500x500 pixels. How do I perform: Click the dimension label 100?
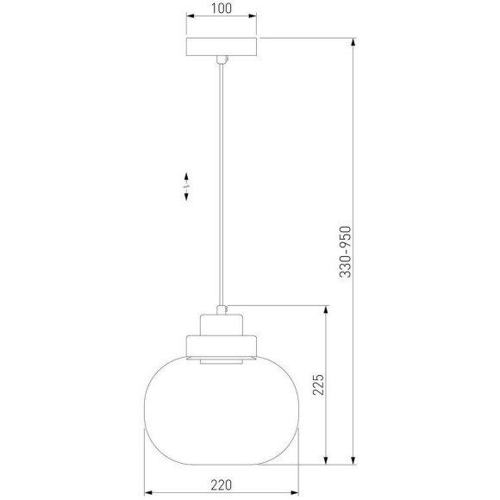[x=222, y=10]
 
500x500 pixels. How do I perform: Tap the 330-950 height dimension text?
[x=345, y=251]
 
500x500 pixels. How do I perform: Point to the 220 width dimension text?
[x=222, y=485]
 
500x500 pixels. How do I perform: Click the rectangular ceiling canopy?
[x=222, y=47]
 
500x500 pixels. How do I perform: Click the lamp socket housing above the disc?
[x=223, y=328]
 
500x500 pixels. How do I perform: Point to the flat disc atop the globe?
[x=223, y=349]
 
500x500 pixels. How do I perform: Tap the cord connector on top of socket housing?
[x=223, y=308]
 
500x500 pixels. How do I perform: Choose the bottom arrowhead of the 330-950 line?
[x=354, y=462]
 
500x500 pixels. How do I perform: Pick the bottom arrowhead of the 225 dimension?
[x=326, y=462]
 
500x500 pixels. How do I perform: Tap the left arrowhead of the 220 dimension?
[x=146, y=473]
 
